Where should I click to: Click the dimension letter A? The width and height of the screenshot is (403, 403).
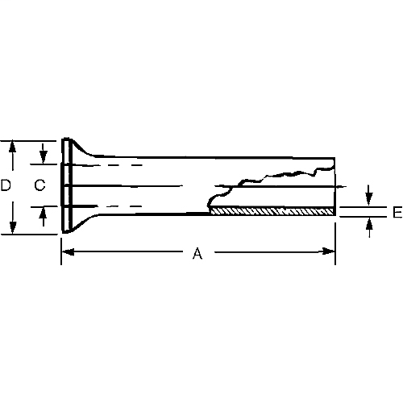coord(197,254)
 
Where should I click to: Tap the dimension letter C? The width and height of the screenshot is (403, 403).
coord(39,185)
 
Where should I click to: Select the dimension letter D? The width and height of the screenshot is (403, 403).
coord(6,185)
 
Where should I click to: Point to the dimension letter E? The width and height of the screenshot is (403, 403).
coord(397,213)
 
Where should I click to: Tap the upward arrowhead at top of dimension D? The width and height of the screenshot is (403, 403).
coord(14,146)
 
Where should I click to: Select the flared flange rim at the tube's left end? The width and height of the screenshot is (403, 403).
coord(64,186)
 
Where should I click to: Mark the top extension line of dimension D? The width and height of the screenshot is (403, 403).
coord(32,140)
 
